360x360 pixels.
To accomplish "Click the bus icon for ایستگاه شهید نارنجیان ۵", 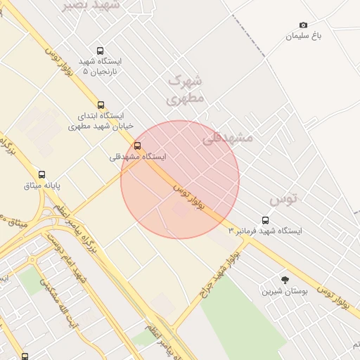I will pos(100,51).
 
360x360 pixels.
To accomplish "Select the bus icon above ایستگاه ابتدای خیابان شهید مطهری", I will pos(101,105).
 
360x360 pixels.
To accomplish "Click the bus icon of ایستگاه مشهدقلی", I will pos(137,146).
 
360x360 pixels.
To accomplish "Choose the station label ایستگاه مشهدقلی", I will pos(139,157).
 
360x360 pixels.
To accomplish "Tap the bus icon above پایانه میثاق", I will pos(41,174).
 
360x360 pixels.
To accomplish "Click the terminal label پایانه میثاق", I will pos(42,186).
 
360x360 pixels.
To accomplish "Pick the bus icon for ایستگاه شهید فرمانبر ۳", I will pos(265,220).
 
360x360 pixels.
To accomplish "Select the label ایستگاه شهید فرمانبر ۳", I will pos(265,231).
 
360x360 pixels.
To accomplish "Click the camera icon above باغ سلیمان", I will pos(303,25).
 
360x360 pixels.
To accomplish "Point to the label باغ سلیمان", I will pos(303,36).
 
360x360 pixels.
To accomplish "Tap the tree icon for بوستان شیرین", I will pos(285,280).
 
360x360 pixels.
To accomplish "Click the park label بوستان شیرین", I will pos(285,290).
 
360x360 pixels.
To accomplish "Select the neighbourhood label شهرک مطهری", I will pos(186,89).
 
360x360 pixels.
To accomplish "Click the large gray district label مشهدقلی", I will pos(227,138).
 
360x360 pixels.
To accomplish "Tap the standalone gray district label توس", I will pos(283,199).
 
